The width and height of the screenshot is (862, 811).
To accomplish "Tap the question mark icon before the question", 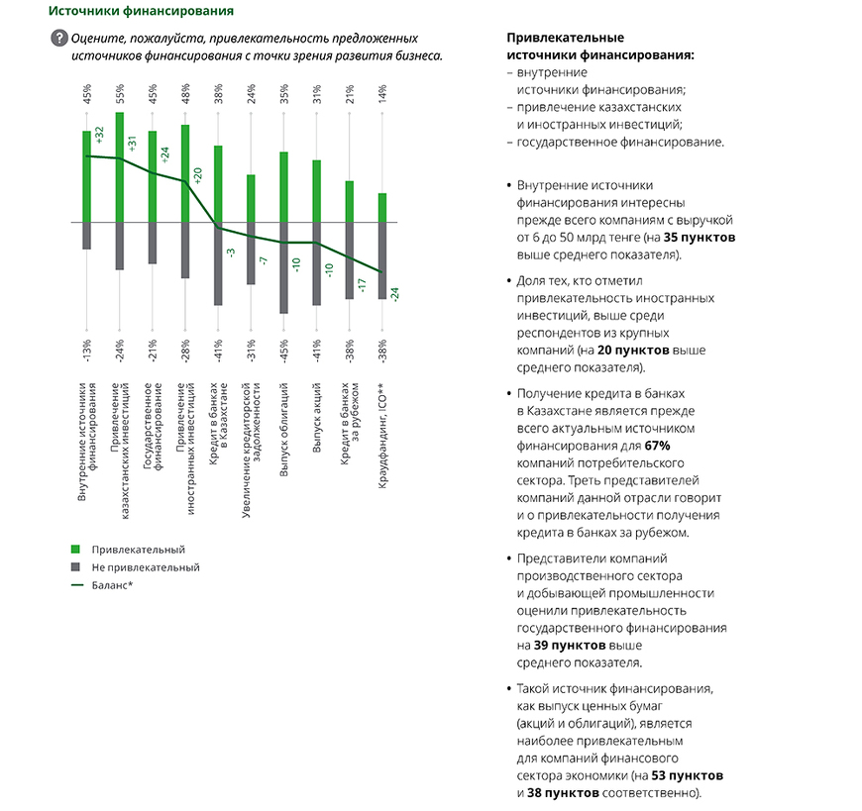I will coord(57,39).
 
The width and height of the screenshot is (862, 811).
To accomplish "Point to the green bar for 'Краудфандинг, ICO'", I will coord(381,208).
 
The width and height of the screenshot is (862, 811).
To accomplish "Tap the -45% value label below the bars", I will coord(283,349).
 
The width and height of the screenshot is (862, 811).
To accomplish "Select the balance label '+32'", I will coord(100,136).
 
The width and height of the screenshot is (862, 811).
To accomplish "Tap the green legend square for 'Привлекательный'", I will coord(75,549).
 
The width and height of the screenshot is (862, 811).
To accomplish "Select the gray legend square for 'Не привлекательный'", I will coord(75,567).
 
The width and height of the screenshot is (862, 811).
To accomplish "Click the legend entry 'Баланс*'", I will coord(112,586).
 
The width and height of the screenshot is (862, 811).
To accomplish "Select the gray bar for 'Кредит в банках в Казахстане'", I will coord(218,263).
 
